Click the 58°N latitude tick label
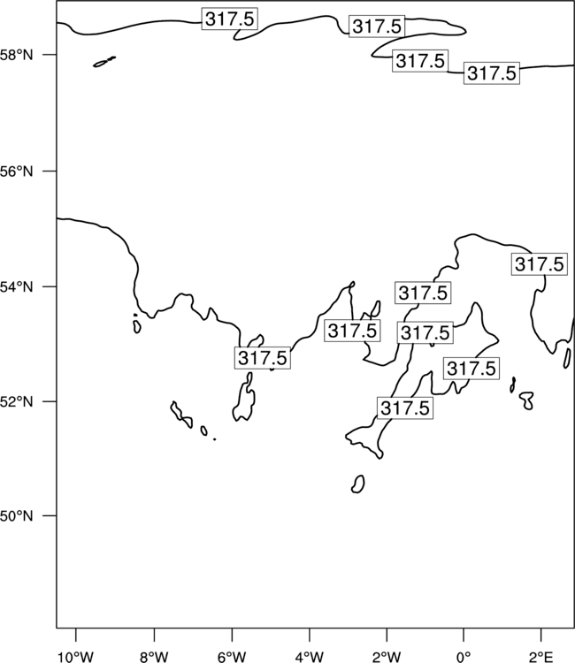[x=17, y=55]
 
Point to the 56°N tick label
[x=17, y=171]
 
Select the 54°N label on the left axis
[x=17, y=287]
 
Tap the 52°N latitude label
[x=17, y=401]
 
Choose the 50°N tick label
[x=17, y=516]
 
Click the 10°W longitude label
[x=76, y=657]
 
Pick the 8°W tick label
[x=154, y=657]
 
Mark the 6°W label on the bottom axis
[x=232, y=657]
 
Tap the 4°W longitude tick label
[x=310, y=657]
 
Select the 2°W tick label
[x=387, y=657]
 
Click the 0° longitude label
[x=464, y=657]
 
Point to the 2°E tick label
[x=540, y=657]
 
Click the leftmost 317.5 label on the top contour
[x=230, y=19]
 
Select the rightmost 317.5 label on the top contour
[x=492, y=73]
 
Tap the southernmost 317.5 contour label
[x=405, y=408]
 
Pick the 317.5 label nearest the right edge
[x=540, y=264]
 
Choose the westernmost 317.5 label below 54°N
[x=263, y=358]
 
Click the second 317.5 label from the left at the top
[x=377, y=27]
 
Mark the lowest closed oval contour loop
[x=358, y=484]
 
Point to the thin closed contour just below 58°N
[x=104, y=62]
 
